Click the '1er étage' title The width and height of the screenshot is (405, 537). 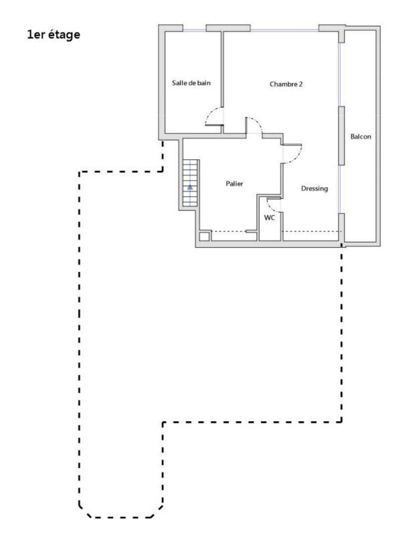tap(54, 35)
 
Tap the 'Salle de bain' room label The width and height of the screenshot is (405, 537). tap(191, 83)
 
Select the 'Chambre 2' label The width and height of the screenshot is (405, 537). tap(286, 84)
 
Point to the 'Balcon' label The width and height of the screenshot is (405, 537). tap(361, 137)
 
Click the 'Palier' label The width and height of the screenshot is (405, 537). tap(234, 184)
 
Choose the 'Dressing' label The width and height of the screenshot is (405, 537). tap(314, 189)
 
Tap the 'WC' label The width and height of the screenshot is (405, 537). tap(269, 218)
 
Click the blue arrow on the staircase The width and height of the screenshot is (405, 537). tap(190, 187)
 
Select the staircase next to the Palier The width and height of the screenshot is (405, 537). tap(190, 183)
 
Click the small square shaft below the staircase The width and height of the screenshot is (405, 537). tap(204, 236)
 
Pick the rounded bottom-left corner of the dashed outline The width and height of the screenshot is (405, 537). tap(84, 510)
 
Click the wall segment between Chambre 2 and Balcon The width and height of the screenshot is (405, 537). tap(341, 136)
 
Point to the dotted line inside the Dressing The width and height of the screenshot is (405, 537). tap(311, 232)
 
